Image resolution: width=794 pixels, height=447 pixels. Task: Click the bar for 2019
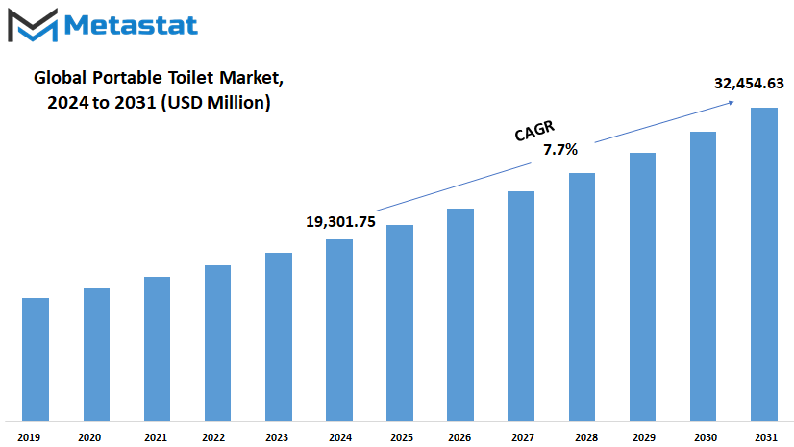click(x=36, y=359)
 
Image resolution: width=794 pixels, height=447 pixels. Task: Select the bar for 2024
click(x=338, y=330)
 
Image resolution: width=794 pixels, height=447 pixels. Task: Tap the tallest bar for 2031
click(x=763, y=263)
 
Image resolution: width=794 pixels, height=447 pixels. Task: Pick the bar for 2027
click(x=521, y=306)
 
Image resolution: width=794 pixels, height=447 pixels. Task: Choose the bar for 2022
click(x=217, y=342)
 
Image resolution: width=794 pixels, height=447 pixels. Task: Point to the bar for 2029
click(x=642, y=286)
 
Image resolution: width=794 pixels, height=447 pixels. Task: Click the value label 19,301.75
click(x=340, y=222)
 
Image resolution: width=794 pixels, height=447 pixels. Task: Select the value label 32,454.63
click(x=749, y=84)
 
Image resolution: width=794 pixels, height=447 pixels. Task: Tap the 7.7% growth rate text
click(x=560, y=150)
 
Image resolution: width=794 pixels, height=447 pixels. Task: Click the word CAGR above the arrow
click(x=534, y=132)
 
